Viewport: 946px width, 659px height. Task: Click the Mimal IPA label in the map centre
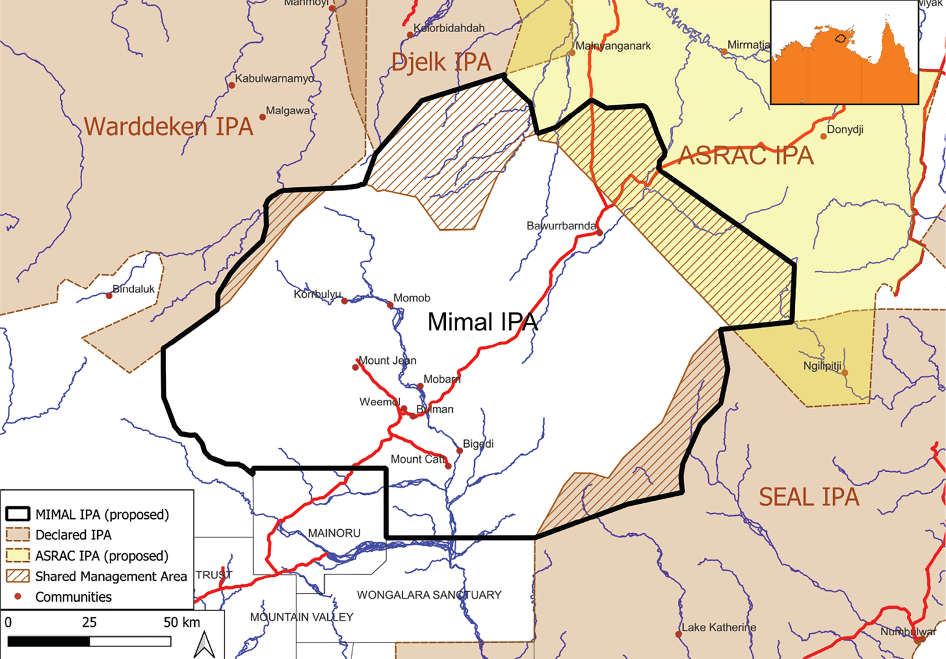pyautogui.click(x=482, y=322)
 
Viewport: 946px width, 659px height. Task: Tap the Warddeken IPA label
pyautogui.click(x=168, y=126)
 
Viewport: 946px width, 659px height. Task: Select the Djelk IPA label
pyautogui.click(x=441, y=62)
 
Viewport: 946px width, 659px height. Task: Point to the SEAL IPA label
pyautogui.click(x=809, y=497)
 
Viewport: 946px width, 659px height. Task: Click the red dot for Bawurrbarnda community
pyautogui.click(x=599, y=233)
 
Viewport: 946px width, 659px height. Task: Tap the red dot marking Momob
pyautogui.click(x=390, y=305)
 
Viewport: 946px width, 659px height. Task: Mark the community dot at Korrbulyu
pyautogui.click(x=344, y=301)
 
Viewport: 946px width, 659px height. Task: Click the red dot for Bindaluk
pyautogui.click(x=109, y=296)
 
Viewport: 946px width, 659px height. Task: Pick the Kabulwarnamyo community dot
pyautogui.click(x=231, y=85)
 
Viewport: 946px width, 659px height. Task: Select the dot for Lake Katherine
pyautogui.click(x=679, y=634)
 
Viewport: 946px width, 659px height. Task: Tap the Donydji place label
pyautogui.click(x=845, y=129)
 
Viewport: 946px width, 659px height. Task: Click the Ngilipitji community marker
pyautogui.click(x=844, y=373)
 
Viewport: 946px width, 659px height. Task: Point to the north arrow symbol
pyautogui.click(x=204, y=644)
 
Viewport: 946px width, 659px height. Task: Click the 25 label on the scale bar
pyautogui.click(x=89, y=622)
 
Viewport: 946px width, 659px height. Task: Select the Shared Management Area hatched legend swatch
pyautogui.click(x=18, y=576)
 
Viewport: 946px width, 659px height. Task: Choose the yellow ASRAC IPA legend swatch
pyautogui.click(x=18, y=556)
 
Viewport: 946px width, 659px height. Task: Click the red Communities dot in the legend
pyautogui.click(x=18, y=596)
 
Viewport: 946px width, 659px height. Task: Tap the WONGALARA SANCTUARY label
pyautogui.click(x=429, y=595)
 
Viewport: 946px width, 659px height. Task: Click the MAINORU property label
pyautogui.click(x=334, y=533)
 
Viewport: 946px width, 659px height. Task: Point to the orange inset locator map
pyautogui.click(x=844, y=52)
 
